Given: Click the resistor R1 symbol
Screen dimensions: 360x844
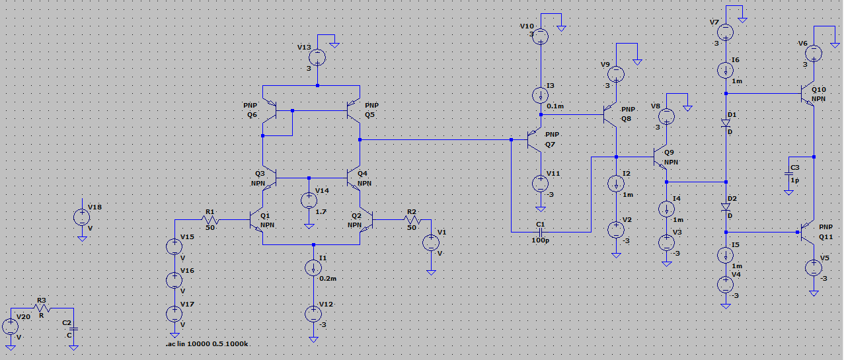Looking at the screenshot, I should pyautogui.click(x=210, y=219).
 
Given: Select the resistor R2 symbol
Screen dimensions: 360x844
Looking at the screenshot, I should pyautogui.click(x=412, y=219).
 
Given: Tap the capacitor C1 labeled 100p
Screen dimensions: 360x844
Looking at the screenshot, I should pyautogui.click(x=541, y=232).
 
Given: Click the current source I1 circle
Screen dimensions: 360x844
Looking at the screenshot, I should pyautogui.click(x=313, y=268).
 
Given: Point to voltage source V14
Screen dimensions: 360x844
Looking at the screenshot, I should pyautogui.click(x=309, y=200).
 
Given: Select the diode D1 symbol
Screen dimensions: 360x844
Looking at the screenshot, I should pyautogui.click(x=726, y=122).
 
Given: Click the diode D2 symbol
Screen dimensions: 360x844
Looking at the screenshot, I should pyautogui.click(x=726, y=206).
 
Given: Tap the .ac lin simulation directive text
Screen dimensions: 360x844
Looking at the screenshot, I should pyautogui.click(x=208, y=345).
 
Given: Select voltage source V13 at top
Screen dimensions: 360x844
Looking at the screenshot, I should pyautogui.click(x=318, y=57).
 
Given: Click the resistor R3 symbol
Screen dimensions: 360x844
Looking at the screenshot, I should pyautogui.click(x=42, y=308).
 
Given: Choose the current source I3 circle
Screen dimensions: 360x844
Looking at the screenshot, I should pyautogui.click(x=541, y=95).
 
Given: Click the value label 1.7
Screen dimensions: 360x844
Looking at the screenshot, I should pyautogui.click(x=322, y=212).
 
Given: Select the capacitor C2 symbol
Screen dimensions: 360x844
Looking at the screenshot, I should pyautogui.click(x=73, y=329).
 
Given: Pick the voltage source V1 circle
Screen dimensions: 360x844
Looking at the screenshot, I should pyautogui.click(x=430, y=242).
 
